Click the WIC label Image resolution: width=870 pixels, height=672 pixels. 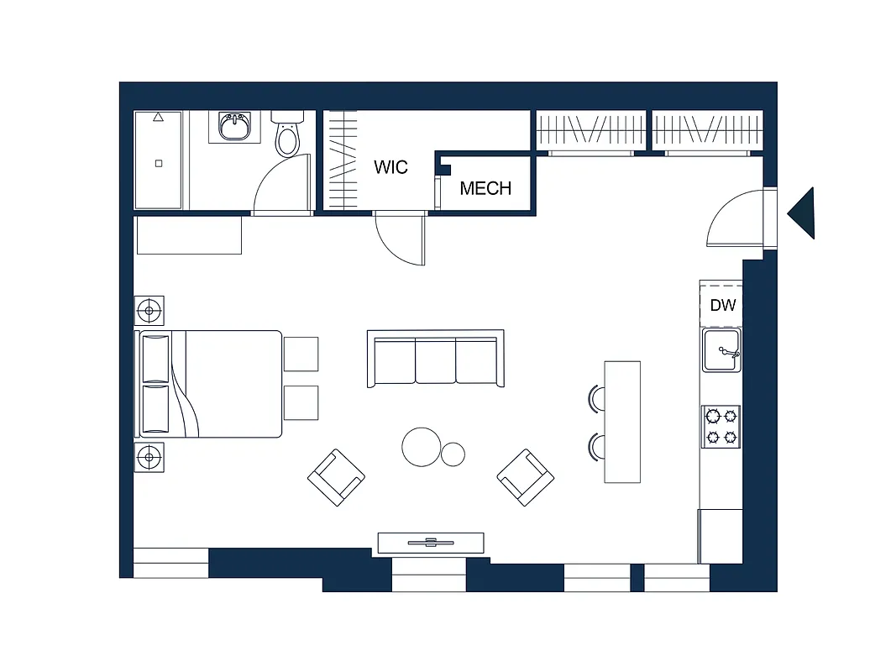pyautogui.click(x=390, y=166)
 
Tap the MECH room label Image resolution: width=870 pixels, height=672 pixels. pyautogui.click(x=485, y=188)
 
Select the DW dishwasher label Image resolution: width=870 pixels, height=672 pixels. pyautogui.click(x=722, y=305)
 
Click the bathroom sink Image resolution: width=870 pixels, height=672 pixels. pyautogui.click(x=235, y=128)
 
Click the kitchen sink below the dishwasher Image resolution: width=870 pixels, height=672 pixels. pyautogui.click(x=721, y=350)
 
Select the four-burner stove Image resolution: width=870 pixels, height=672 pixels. pyautogui.click(x=721, y=426)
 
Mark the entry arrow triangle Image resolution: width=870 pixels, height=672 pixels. pyautogui.click(x=803, y=213)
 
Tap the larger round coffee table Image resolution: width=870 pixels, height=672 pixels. pyautogui.click(x=422, y=447)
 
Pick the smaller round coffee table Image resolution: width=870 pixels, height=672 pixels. pyautogui.click(x=453, y=454)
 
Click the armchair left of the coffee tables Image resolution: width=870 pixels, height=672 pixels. pyautogui.click(x=336, y=477)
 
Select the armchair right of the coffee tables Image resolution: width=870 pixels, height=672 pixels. pyautogui.click(x=526, y=477)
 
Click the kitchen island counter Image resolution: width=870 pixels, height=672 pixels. pyautogui.click(x=622, y=422)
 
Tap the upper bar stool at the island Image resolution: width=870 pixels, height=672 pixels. pyautogui.click(x=597, y=397)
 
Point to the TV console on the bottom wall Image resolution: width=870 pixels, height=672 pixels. pyautogui.click(x=431, y=543)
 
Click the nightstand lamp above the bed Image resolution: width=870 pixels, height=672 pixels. pyautogui.click(x=149, y=311)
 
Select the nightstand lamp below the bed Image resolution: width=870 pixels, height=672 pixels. pyautogui.click(x=149, y=458)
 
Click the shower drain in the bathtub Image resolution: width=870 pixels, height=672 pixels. pyautogui.click(x=158, y=164)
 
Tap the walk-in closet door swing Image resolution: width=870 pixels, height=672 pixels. pyautogui.click(x=401, y=240)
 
